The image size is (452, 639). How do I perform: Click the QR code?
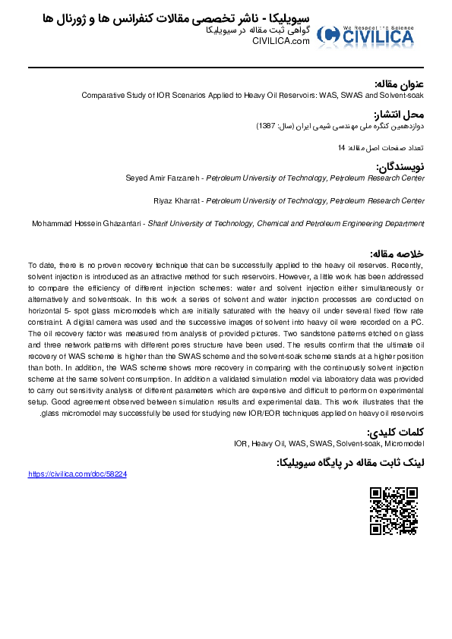(x=394, y=511)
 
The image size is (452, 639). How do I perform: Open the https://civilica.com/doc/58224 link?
(x=77, y=474)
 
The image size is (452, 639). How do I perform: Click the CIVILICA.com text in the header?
(x=282, y=42)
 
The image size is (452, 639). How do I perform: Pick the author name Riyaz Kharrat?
(x=177, y=200)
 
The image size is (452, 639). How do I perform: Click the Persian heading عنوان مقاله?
(x=400, y=83)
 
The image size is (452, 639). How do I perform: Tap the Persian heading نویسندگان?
(x=400, y=166)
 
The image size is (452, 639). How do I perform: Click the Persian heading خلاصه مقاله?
(x=397, y=253)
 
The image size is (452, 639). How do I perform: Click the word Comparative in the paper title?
(x=102, y=96)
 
